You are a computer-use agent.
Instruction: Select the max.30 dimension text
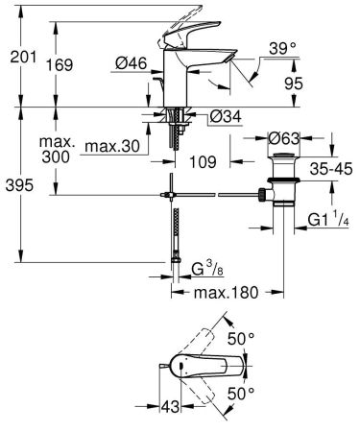pyautogui.click(x=113, y=146)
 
